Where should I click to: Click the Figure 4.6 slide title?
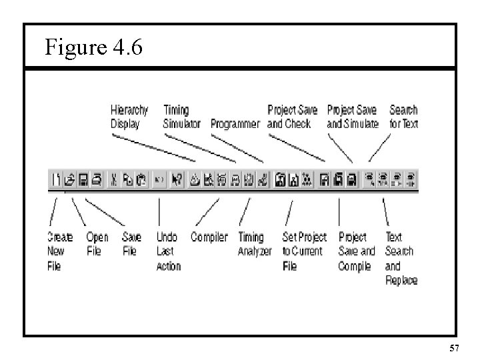pos(93,47)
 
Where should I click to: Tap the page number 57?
pos(455,348)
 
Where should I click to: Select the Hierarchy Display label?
pos(129,117)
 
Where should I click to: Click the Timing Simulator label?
pos(181,117)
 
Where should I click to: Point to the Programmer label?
pos(235,124)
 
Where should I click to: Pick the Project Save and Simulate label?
pos(352,117)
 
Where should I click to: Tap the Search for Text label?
pos(403,117)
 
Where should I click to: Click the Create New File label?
pos(59,251)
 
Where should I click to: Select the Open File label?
pos(97,244)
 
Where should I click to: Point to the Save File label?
pos(131,244)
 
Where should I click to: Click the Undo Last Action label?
pos(168,251)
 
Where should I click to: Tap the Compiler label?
pos(209,237)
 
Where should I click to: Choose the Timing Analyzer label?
pos(255,244)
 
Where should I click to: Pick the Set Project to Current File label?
pos(304,251)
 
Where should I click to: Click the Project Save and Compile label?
pos(357,251)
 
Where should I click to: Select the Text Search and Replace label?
pos(401,259)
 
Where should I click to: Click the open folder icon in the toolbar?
pos(69,179)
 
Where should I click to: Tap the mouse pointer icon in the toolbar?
pos(177,179)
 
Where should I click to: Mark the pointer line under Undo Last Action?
pos(159,211)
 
